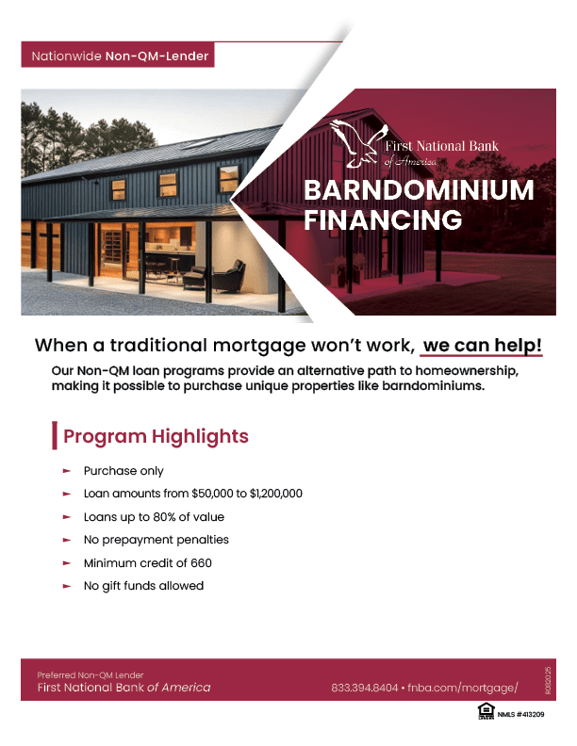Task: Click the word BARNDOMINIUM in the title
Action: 419,190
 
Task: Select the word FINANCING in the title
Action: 383,220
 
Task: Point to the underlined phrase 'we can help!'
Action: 482,345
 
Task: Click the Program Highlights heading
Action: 156,436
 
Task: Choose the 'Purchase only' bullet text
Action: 124,471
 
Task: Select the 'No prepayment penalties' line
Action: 157,540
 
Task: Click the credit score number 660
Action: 200,562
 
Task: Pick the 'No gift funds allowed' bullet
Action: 143,586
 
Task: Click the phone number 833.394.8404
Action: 364,688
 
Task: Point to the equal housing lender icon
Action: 486,713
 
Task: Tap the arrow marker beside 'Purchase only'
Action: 67,471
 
